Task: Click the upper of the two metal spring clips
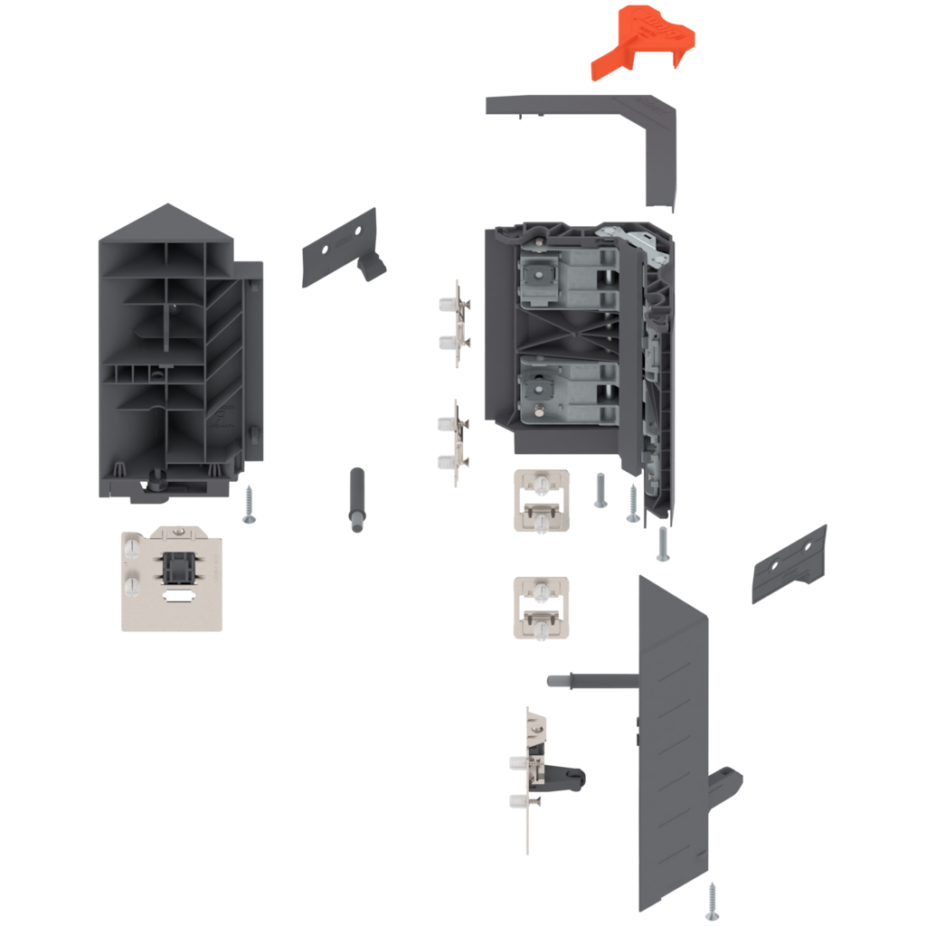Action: point(456,323)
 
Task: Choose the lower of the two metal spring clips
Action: point(456,443)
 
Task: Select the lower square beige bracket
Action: point(540,607)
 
